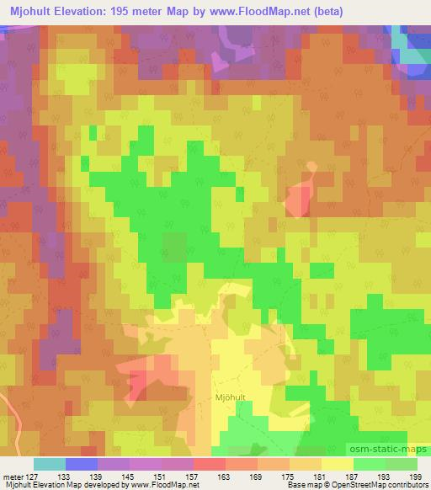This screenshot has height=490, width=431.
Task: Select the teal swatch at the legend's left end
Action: [x=50, y=464]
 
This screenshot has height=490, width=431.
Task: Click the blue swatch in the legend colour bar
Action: [x=82, y=464]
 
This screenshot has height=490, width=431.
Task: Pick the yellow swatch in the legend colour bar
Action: [x=337, y=464]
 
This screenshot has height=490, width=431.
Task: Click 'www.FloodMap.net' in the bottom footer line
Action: [x=163, y=485]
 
